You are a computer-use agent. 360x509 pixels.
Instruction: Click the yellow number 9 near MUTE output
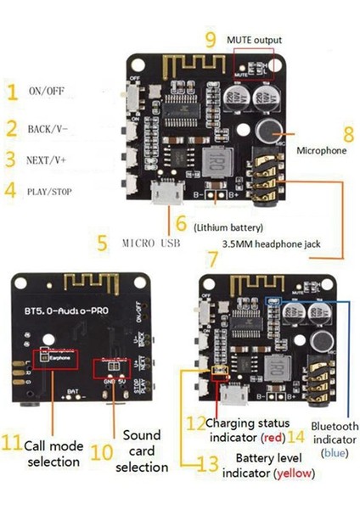211,38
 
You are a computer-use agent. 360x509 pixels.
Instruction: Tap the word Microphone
321,151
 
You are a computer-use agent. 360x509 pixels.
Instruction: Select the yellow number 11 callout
11,442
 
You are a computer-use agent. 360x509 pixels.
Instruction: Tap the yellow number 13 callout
207,463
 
